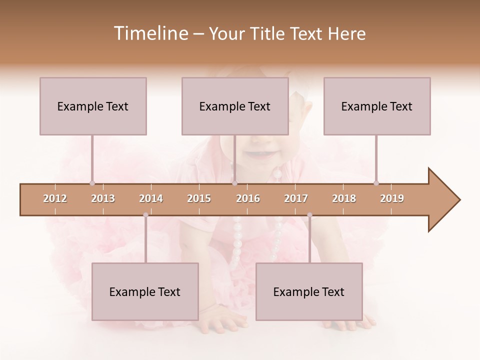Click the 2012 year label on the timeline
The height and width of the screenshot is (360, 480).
pos(55,198)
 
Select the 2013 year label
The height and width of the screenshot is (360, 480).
pos(103,198)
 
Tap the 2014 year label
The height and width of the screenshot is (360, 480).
pos(151,198)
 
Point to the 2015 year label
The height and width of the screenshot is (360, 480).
pos(199,198)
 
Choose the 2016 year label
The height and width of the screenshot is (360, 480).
pos(248,198)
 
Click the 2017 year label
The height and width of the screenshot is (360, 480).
pos(296,198)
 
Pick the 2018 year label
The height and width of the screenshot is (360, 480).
pos(344,198)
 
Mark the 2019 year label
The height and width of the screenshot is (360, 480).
pos(392,198)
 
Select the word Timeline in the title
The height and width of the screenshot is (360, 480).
pos(149,33)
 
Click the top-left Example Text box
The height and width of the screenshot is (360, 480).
pos(93,106)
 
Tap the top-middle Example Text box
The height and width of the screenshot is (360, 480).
pos(235,106)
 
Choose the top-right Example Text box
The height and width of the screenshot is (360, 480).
pos(377,106)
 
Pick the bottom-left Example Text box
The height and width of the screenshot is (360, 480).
pos(145,291)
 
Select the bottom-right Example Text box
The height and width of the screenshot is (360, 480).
pos(309,291)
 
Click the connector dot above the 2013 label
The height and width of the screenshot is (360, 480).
pos(92,183)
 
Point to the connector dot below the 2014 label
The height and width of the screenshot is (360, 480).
pos(145,215)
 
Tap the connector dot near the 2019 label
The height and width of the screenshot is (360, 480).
pos(376,183)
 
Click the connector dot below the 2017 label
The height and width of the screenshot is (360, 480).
pos(309,215)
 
